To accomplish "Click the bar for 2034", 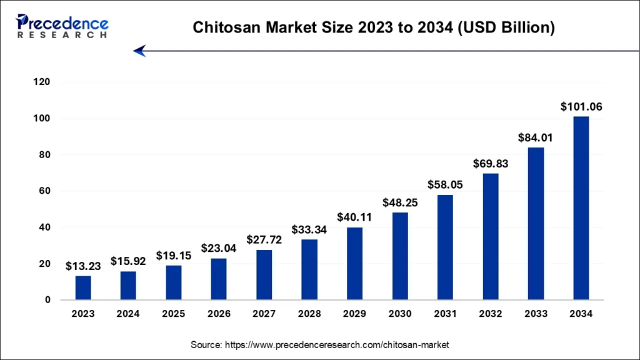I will click(x=581, y=208).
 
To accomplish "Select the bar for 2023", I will click(x=83, y=288).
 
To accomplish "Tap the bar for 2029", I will click(x=354, y=264).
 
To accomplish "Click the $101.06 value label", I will click(x=581, y=107).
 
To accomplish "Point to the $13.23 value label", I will click(x=83, y=266).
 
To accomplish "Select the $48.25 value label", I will click(x=400, y=202).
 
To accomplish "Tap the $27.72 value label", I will click(x=264, y=240).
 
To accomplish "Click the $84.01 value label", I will click(x=536, y=137).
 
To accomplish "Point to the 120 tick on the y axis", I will click(x=42, y=82).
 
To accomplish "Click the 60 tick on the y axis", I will click(x=44, y=191).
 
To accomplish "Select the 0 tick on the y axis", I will click(x=47, y=300).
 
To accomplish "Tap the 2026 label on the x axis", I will click(x=219, y=314).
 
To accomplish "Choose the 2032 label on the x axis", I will click(x=491, y=314).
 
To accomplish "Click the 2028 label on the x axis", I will click(x=309, y=314).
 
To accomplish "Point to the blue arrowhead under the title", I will click(x=139, y=51).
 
